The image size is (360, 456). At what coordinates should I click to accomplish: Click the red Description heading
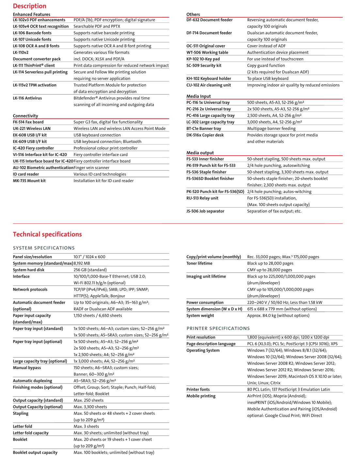pyautogui.click(x=29, y=6)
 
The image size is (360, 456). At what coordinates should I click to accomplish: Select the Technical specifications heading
pyautogui.click(x=47, y=234)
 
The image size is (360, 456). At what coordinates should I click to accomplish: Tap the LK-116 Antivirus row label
pyautogui.click(x=27, y=98)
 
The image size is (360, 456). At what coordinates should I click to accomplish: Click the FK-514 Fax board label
pyautogui.click(x=28, y=122)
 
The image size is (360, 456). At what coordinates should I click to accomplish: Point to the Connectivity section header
pyautogui.click(x=25, y=116)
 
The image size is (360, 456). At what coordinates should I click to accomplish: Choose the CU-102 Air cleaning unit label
pyautogui.click(x=209, y=85)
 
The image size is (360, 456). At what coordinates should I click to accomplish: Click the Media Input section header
pyautogui.click(x=198, y=96)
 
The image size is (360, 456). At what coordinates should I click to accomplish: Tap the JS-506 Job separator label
pyautogui.click(x=205, y=211)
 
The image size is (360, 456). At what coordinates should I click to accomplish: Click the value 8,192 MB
pyautogui.click(x=82, y=263)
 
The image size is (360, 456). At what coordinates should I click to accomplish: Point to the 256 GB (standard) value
pyautogui.click(x=90, y=270)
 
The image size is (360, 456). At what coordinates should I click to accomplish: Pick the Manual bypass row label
pyautogui.click(x=27, y=368)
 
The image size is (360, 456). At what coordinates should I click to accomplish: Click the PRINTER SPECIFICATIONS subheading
pyautogui.click(x=218, y=328)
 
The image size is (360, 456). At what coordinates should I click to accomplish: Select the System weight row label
pyautogui.click(x=200, y=316)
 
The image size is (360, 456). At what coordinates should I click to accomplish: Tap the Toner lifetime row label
pyautogui.click(x=199, y=263)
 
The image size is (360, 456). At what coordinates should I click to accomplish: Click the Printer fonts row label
pyautogui.click(x=198, y=389)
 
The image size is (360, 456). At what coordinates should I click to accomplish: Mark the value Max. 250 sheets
pyautogui.click(x=88, y=401)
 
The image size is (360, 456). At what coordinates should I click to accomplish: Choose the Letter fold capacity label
pyautogui.click(x=31, y=433)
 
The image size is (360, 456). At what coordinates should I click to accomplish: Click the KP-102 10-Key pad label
pyautogui.click(x=203, y=59)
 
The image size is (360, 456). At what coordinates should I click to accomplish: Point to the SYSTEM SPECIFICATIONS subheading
pyautogui.click(x=44, y=248)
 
